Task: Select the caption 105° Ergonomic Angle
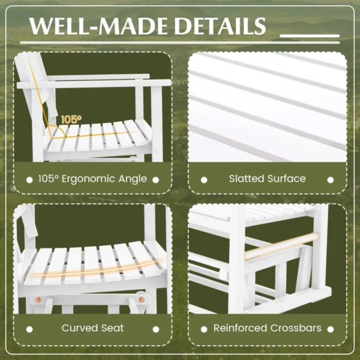(91, 178)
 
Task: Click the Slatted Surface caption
(267, 178)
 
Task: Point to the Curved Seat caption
(92, 328)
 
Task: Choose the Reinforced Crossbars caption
(267, 328)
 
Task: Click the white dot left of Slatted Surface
(204, 179)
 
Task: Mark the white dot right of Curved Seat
(155, 328)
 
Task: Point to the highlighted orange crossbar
(281, 245)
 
